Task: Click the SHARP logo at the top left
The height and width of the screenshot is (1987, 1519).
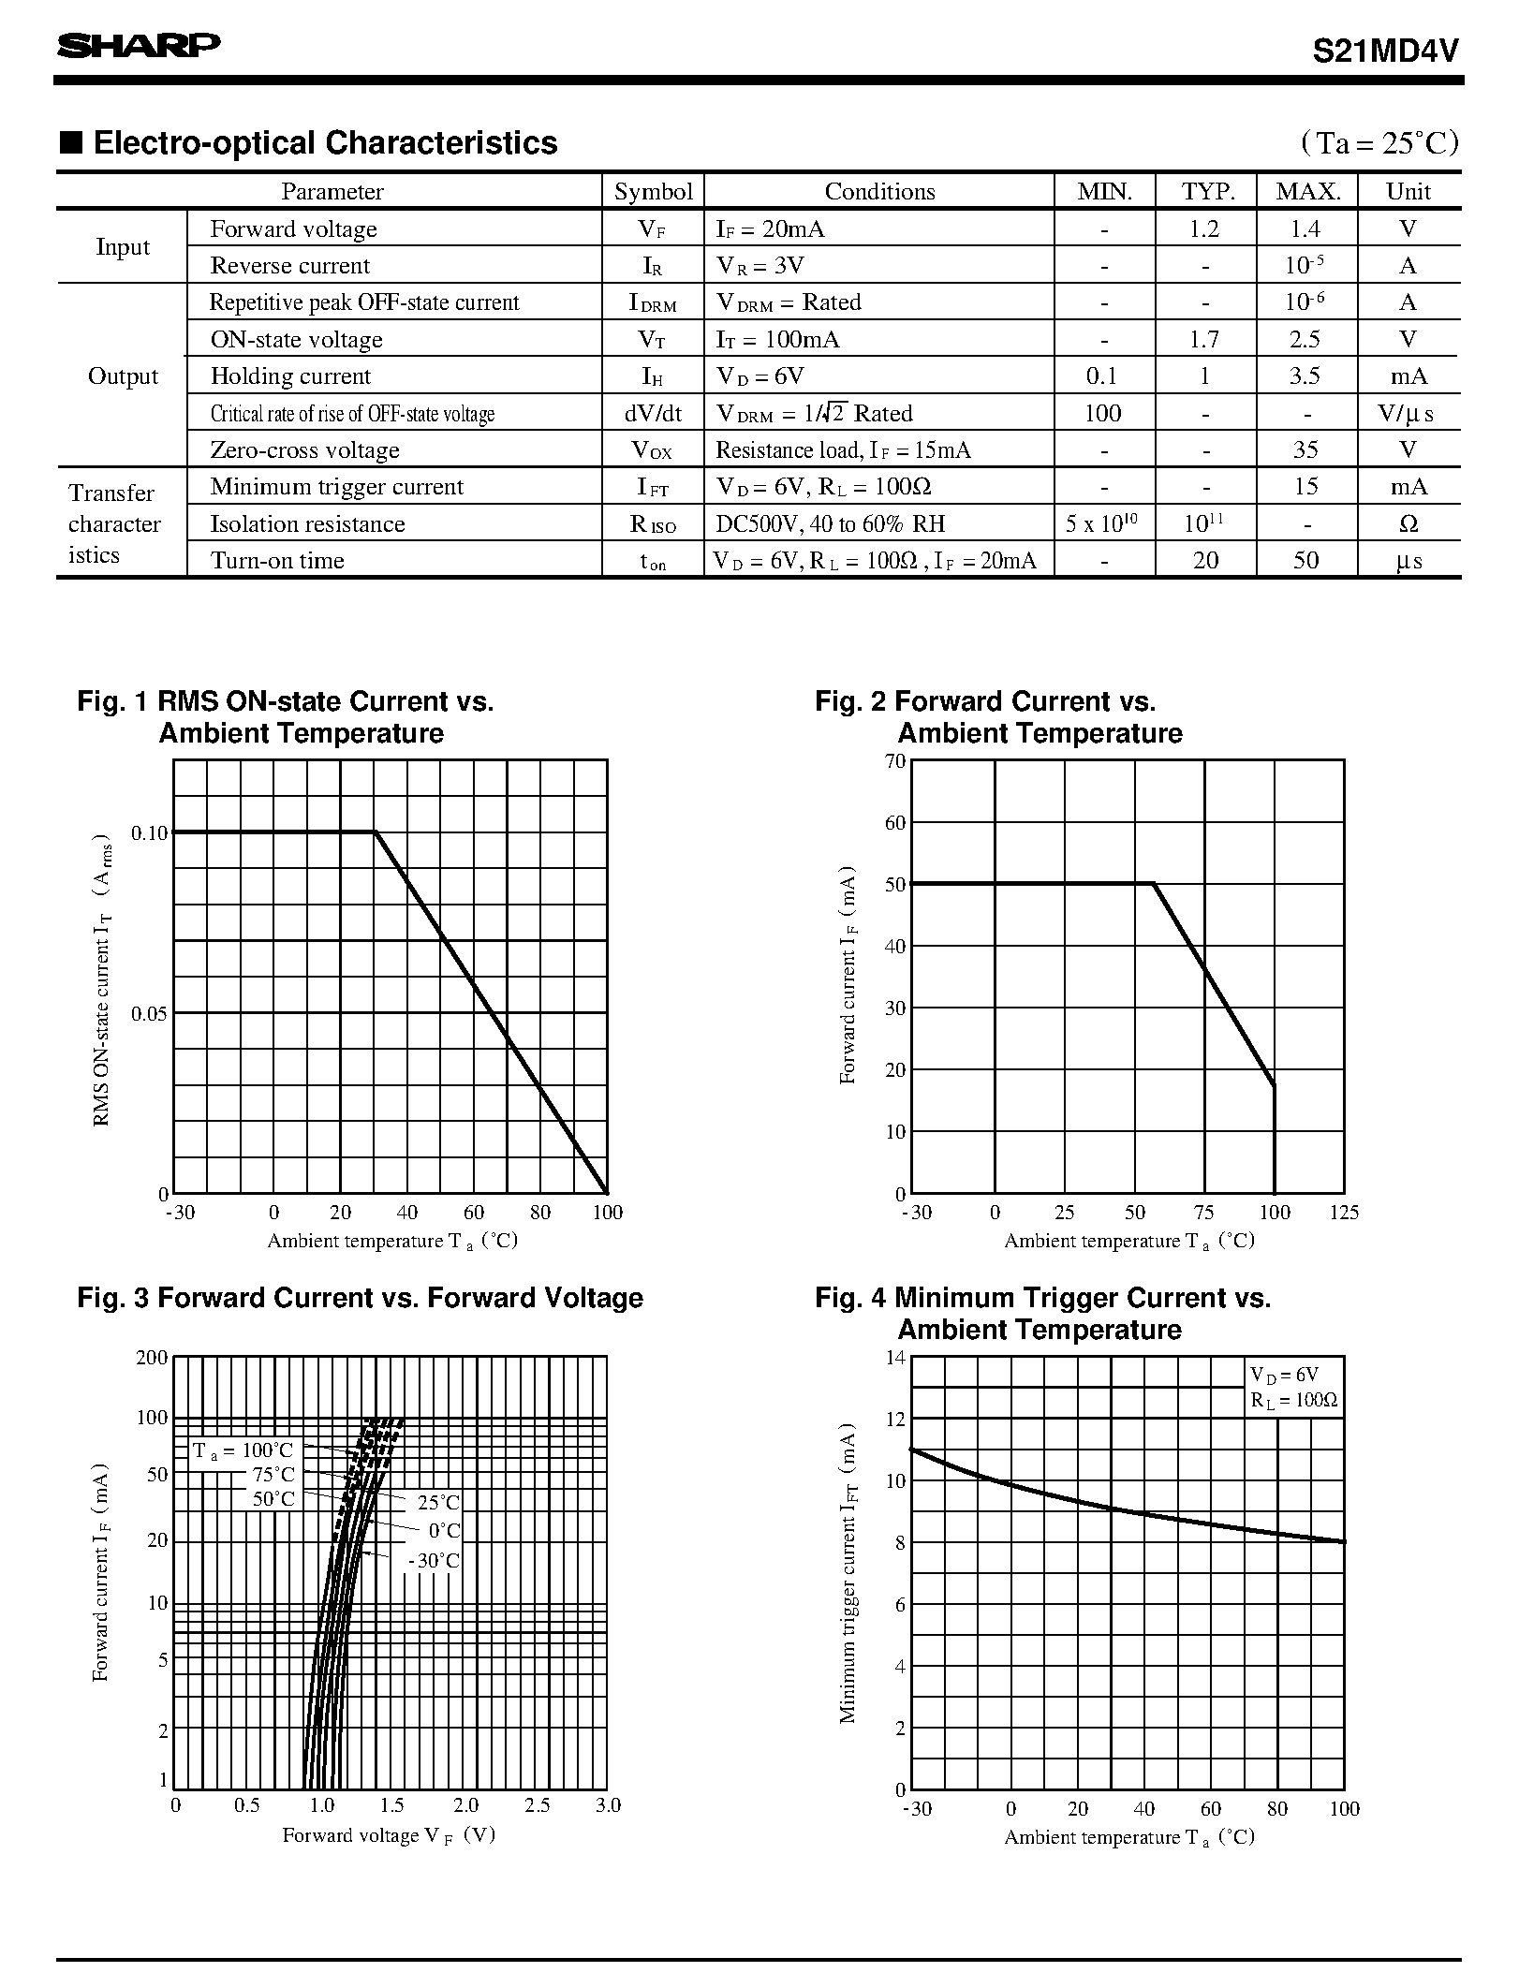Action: [139, 46]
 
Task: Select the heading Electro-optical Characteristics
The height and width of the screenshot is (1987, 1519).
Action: [324, 143]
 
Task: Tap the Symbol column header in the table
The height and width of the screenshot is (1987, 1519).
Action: [653, 192]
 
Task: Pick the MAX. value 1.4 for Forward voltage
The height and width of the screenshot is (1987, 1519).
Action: [1305, 228]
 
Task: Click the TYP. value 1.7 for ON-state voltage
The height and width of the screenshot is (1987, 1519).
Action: [1204, 339]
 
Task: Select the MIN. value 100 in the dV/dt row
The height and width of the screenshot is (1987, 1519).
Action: [1102, 413]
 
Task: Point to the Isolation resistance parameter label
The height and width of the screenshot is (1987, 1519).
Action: [307, 523]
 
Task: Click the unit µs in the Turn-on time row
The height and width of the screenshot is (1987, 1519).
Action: [1408, 561]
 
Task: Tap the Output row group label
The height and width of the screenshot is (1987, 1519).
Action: [123, 376]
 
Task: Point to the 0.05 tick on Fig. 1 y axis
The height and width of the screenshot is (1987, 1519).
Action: [150, 1014]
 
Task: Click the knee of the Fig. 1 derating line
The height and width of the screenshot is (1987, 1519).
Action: [376, 832]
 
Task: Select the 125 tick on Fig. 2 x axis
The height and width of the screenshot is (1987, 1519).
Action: [1343, 1213]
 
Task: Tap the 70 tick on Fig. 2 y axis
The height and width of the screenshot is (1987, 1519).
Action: [895, 761]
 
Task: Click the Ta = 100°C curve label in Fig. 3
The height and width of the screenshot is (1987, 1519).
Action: [243, 1450]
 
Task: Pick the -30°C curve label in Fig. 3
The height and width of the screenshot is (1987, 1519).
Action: [434, 1561]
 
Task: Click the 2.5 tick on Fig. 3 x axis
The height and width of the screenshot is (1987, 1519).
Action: [538, 1804]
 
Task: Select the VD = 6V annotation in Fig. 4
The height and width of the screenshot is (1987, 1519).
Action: [1284, 1375]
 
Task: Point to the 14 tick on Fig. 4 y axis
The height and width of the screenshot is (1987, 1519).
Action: [895, 1357]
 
